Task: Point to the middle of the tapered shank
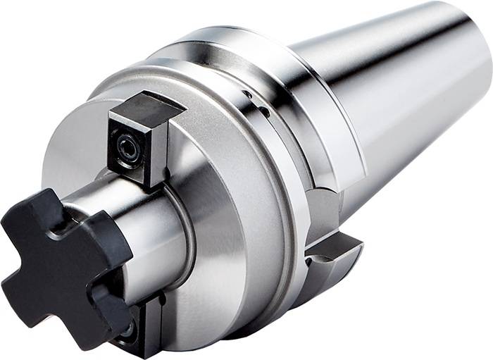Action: coord(394,99)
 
